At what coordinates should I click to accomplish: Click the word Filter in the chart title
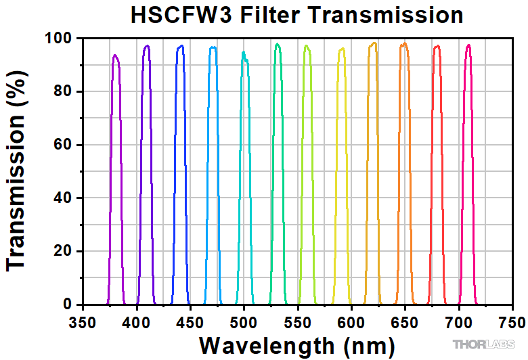tap(271, 15)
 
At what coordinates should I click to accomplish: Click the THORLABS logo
tap(483, 344)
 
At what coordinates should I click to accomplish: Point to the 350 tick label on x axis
tap(83, 319)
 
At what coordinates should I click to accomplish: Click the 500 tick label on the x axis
tap(244, 319)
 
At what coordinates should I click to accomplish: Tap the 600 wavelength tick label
tap(351, 319)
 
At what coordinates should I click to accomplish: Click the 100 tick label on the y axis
tap(58, 39)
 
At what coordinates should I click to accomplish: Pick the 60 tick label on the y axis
tap(62, 145)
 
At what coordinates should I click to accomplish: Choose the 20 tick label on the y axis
tap(62, 251)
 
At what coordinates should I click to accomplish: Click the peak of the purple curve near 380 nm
tap(115, 55)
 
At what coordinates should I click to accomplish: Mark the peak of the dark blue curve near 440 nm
tap(181, 46)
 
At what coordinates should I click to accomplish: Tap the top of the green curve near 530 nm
tap(278, 45)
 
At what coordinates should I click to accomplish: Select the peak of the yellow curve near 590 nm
tap(342, 49)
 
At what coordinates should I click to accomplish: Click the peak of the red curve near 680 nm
tap(437, 46)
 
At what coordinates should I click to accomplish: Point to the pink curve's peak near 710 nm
tap(468, 45)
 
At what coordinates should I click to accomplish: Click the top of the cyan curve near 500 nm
tap(244, 53)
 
